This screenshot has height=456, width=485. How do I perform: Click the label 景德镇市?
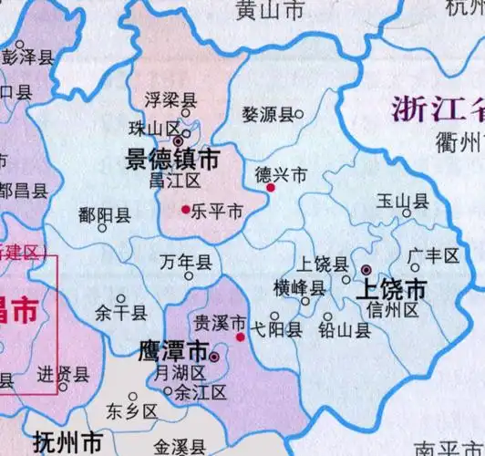[x=172, y=161]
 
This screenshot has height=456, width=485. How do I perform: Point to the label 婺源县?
[x=266, y=115]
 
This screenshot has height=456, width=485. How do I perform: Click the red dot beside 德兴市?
[x=271, y=188]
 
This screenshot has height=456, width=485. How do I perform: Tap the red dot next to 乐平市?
[x=186, y=210]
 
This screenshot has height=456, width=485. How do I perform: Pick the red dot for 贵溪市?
[x=241, y=337]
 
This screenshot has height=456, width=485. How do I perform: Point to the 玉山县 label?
[x=402, y=202]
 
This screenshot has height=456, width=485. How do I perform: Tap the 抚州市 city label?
[x=67, y=444]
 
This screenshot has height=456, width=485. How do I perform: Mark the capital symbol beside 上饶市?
[x=366, y=270]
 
